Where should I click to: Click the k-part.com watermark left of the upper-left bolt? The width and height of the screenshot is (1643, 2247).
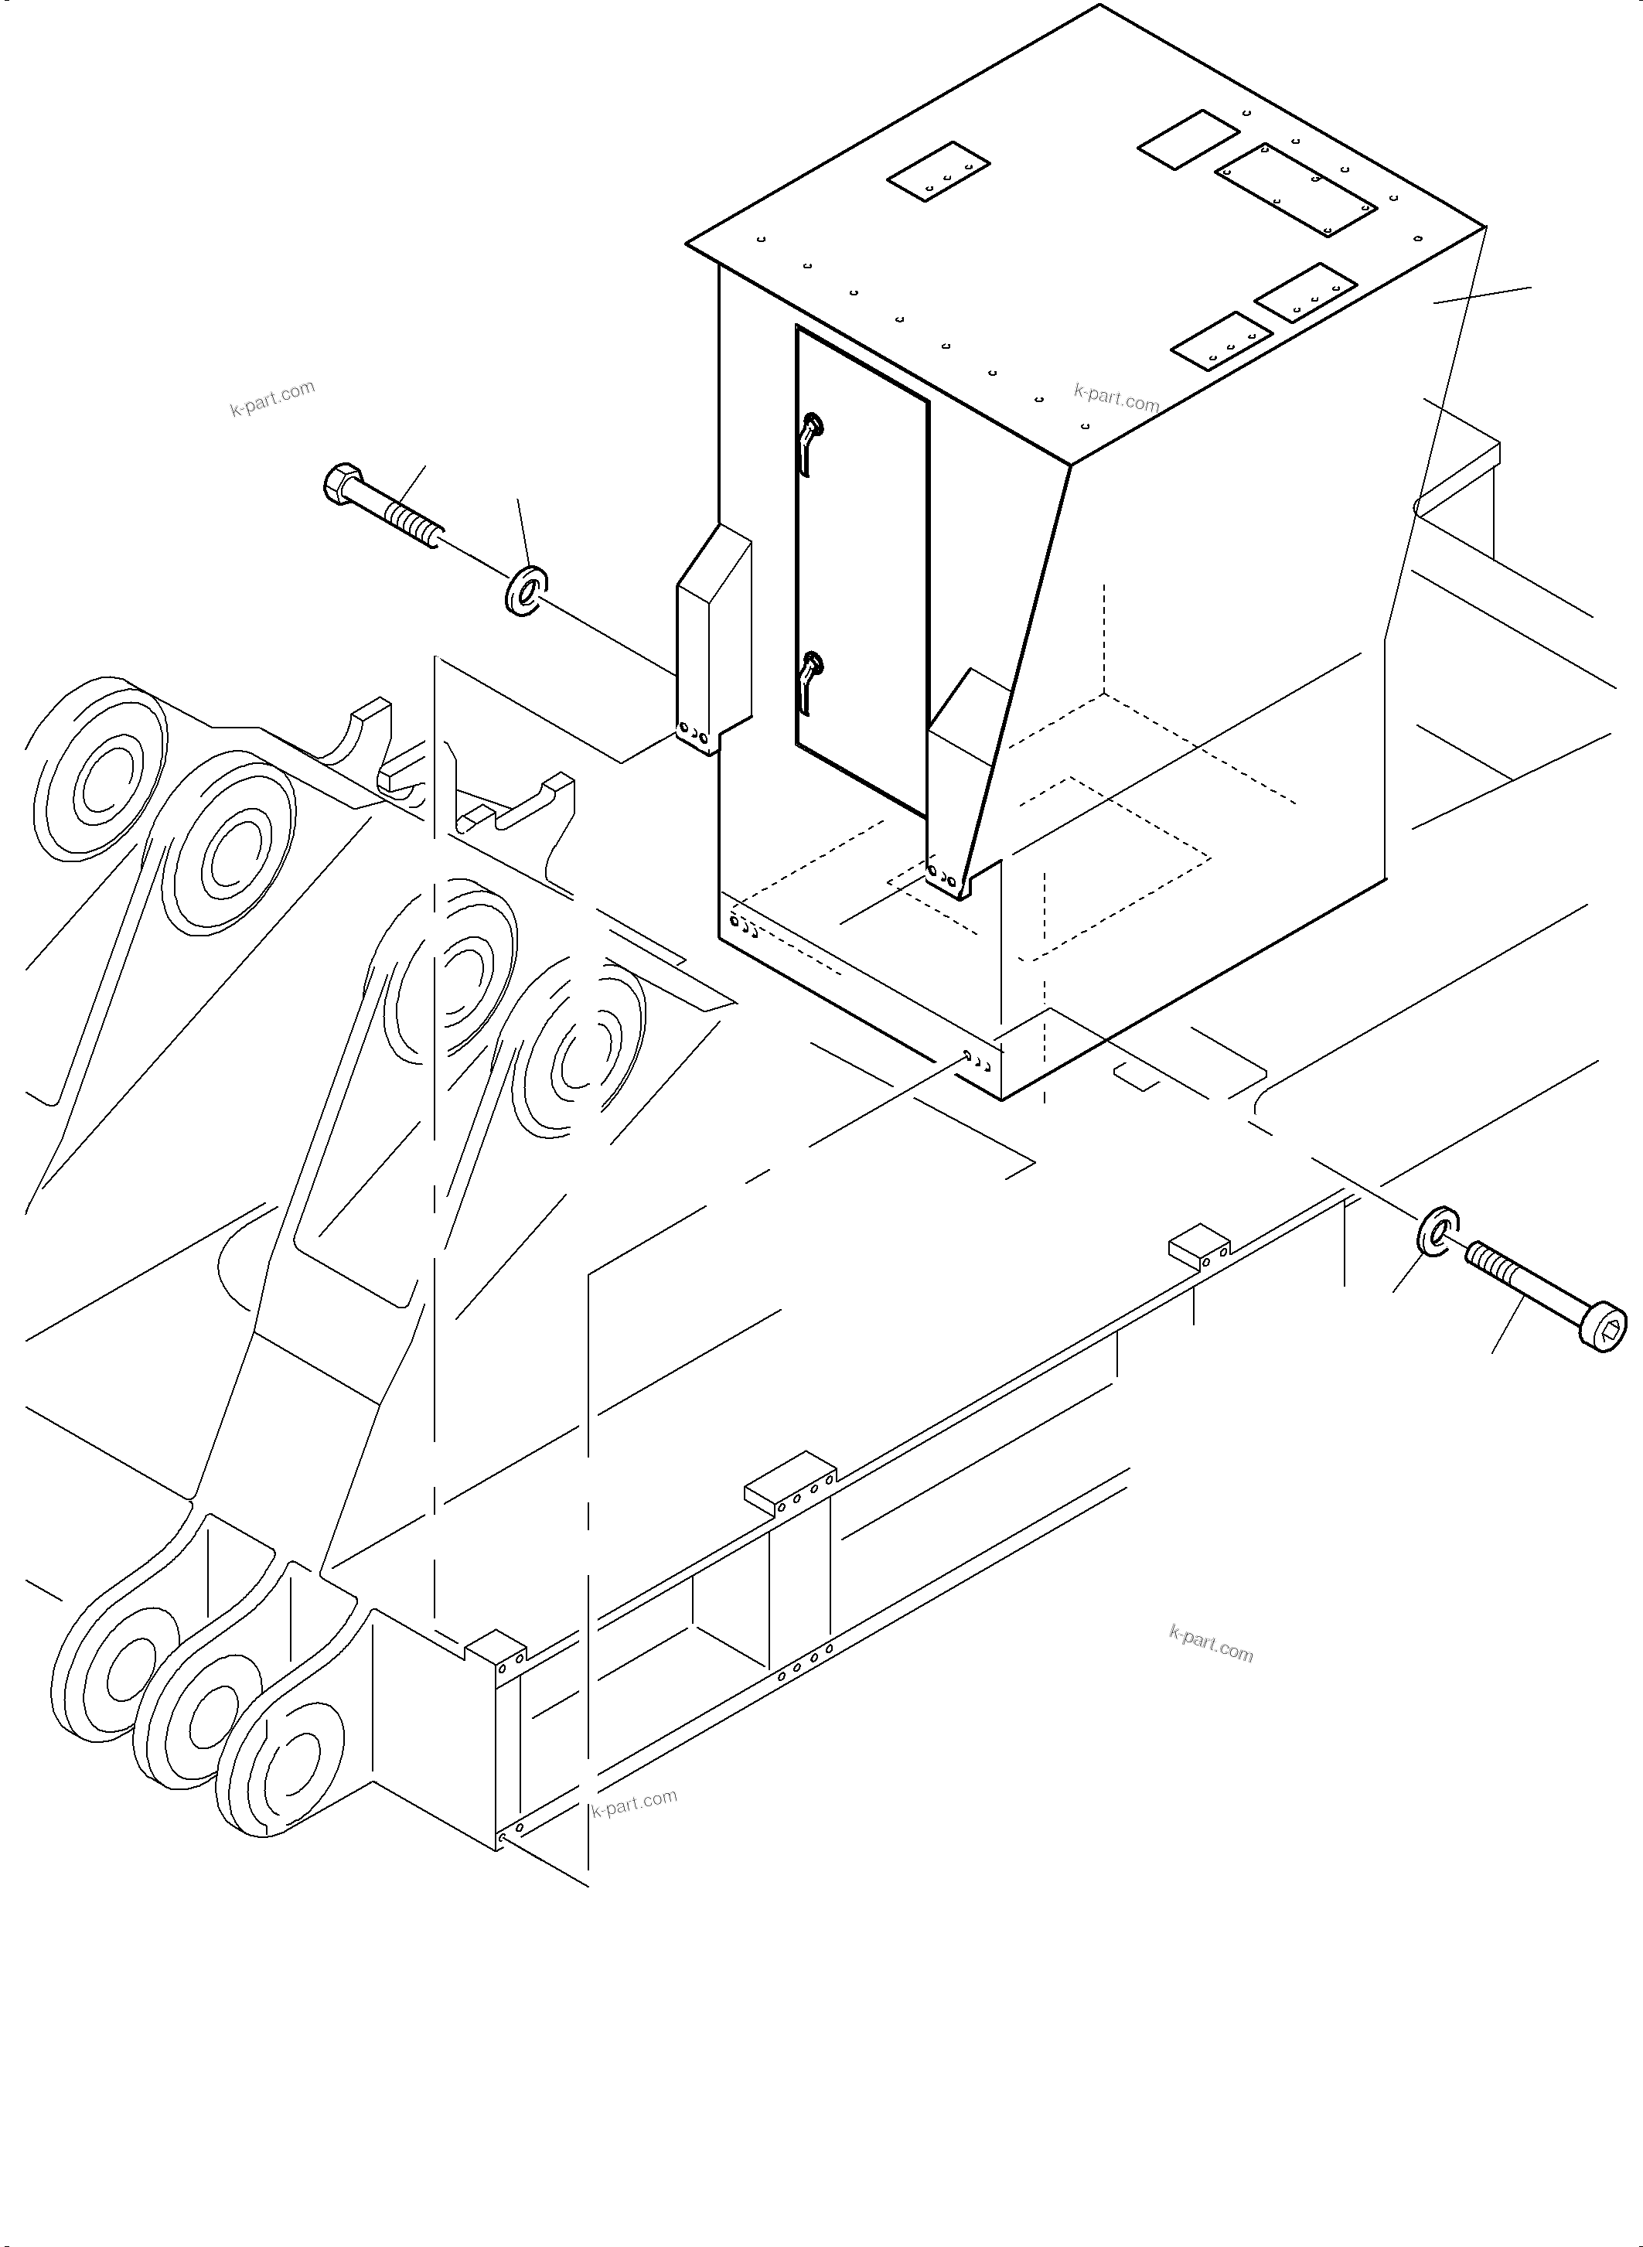[x=272, y=398]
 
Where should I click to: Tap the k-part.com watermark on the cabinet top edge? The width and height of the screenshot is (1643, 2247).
[x=1116, y=398]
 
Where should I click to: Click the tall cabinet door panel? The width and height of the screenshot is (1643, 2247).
[x=861, y=567]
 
